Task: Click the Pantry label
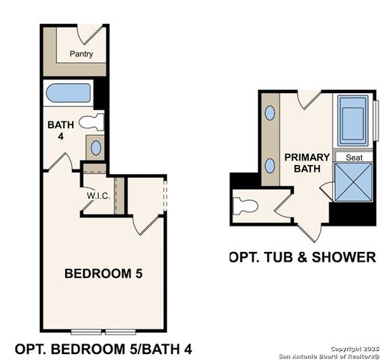coord(80,54)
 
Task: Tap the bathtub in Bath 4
coord(67,95)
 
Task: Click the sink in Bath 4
coord(95,146)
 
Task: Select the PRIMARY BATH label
coord(307,163)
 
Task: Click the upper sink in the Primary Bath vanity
coord(271,114)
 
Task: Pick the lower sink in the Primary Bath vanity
coord(271,165)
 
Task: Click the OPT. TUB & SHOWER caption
coord(302,257)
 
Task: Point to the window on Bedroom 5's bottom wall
coord(104,331)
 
